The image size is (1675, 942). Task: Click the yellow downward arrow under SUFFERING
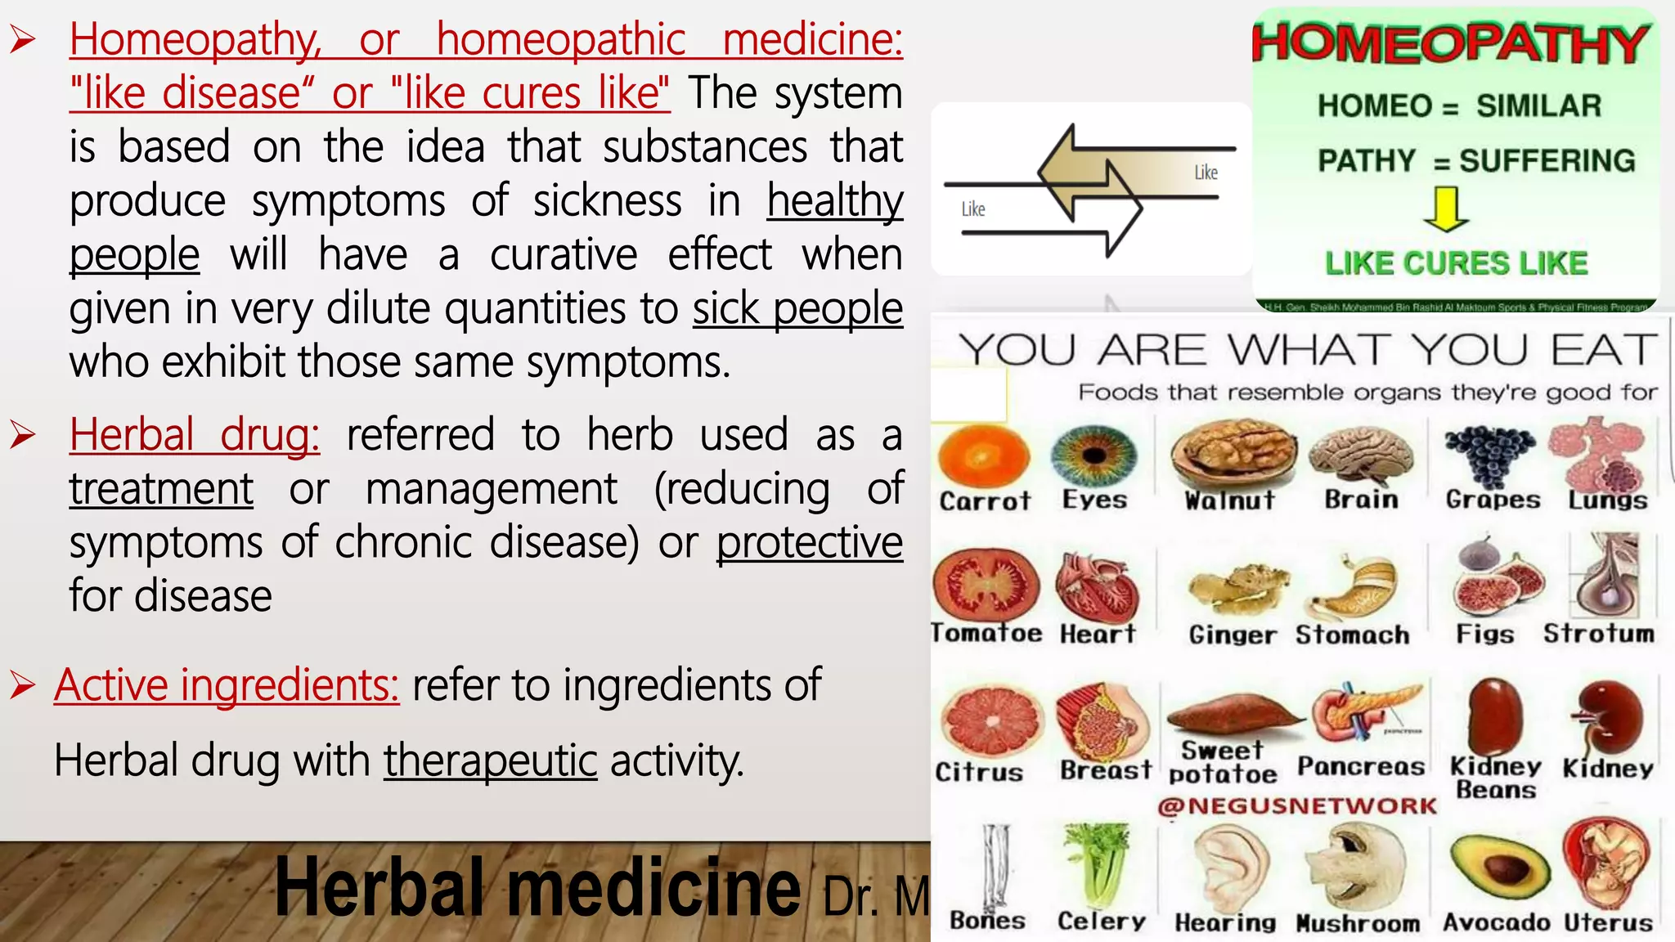point(1446,209)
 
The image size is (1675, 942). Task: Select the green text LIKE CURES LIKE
point(1457,263)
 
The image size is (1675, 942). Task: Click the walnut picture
point(1232,453)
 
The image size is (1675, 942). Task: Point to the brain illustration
point(1361,455)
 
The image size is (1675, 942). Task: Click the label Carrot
point(985,500)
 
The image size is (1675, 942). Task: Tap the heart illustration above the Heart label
point(1097,587)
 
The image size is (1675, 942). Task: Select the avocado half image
point(1498,868)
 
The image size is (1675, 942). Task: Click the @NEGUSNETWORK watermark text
point(1297,806)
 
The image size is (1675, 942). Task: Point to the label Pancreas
point(1360,766)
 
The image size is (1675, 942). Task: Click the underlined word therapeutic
point(490,760)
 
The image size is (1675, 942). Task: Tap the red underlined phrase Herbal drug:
point(195,434)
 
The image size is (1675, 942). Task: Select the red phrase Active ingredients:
point(227,684)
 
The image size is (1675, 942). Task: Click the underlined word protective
point(810,542)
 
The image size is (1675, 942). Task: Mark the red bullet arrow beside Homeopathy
point(23,39)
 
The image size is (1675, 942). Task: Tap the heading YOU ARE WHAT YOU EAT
point(1307,350)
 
